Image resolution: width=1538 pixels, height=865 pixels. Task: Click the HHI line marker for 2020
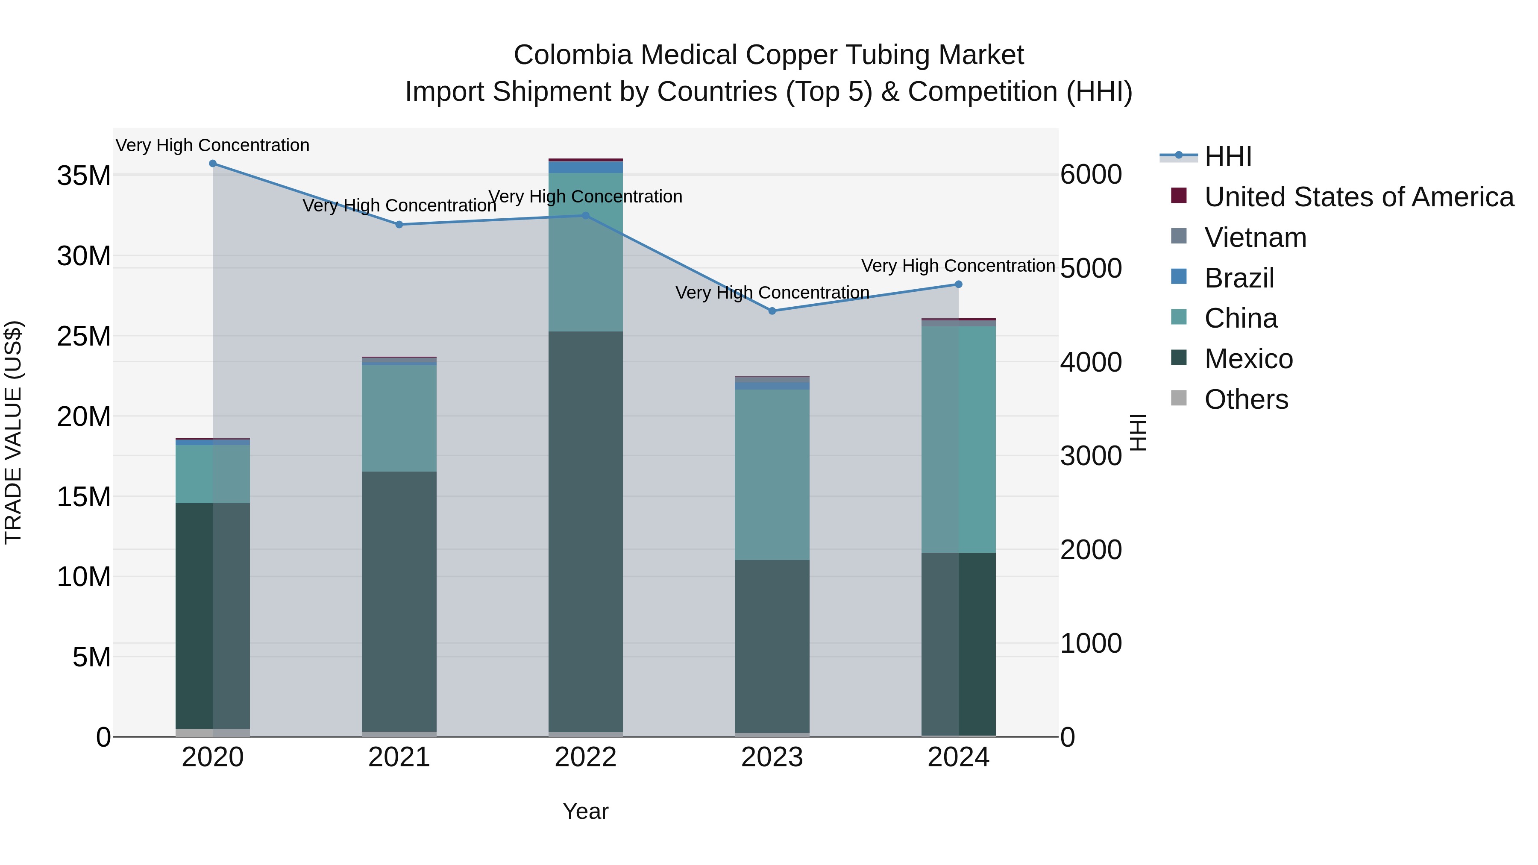click(213, 164)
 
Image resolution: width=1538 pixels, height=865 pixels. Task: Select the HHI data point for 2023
click(772, 311)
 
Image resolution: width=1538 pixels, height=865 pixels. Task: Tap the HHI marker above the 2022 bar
click(586, 216)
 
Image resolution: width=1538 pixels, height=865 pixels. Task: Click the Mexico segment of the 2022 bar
click(586, 531)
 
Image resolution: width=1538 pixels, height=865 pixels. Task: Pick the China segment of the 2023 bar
click(772, 475)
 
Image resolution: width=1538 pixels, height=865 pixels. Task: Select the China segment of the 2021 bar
click(399, 418)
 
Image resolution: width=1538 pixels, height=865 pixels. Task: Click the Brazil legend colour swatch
click(1179, 277)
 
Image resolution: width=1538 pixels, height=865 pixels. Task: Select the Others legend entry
click(1246, 399)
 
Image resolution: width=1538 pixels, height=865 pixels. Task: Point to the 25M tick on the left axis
click(84, 337)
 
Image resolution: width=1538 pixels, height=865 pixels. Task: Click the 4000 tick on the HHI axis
click(1091, 362)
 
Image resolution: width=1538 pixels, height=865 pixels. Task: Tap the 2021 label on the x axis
click(399, 757)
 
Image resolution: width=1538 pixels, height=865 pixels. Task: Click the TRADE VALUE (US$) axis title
click(13, 432)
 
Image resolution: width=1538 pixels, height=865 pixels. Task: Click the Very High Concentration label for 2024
click(958, 266)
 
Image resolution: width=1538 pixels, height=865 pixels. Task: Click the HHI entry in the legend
click(1227, 156)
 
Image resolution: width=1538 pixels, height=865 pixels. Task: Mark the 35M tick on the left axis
click(84, 176)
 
